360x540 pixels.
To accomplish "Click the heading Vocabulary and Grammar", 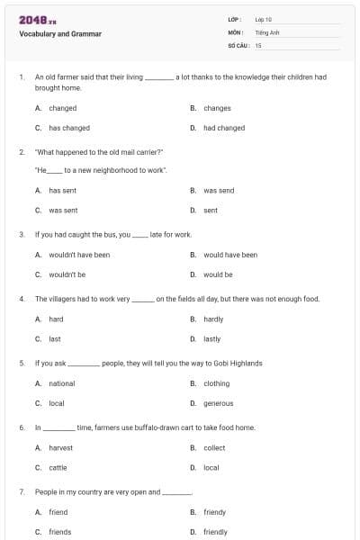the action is point(60,34).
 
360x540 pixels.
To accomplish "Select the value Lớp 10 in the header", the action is point(264,19).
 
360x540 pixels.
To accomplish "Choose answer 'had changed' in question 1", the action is point(224,128).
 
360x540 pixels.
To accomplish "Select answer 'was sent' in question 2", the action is point(63,211).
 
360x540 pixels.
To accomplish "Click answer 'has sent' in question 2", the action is point(63,191).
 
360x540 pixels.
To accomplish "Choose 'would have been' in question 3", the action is point(230,255).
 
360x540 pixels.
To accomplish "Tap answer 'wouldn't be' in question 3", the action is point(67,274).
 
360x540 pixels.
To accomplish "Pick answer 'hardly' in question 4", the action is point(213,319).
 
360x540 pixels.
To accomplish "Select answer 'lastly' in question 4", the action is point(212,339).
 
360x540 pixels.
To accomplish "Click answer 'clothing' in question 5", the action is point(216,383).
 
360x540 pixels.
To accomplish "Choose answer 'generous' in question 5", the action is point(218,403).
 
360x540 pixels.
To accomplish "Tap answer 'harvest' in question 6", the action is point(61,447).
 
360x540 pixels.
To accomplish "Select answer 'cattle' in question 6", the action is point(58,467).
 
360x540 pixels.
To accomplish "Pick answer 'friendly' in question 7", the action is point(215,532).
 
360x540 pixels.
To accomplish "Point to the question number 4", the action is point(22,299).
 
